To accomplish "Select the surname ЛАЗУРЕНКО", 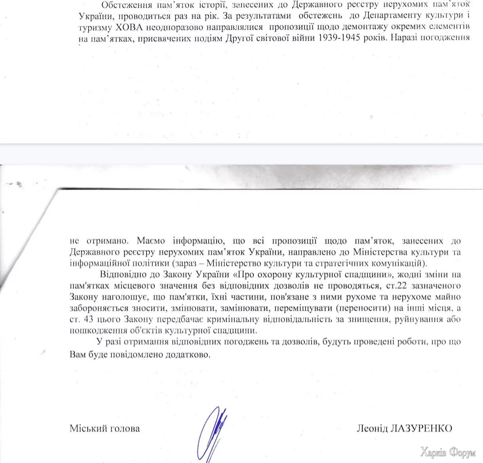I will (421, 429).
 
